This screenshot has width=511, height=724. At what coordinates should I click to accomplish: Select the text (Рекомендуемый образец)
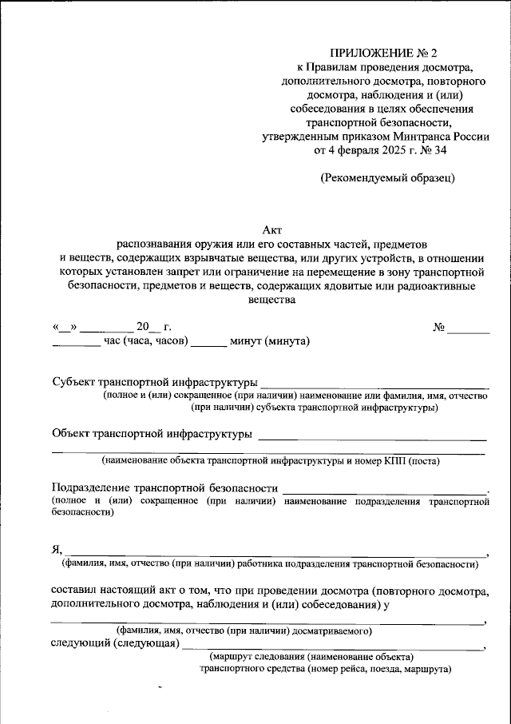pyautogui.click(x=387, y=177)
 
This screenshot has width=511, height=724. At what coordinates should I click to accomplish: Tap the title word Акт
pyautogui.click(x=272, y=228)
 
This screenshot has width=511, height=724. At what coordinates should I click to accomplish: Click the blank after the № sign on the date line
pyautogui.click(x=469, y=327)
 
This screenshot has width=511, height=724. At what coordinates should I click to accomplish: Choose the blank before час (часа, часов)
pyautogui.click(x=76, y=341)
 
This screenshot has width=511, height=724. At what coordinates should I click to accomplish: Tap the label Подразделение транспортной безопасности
pyautogui.click(x=164, y=487)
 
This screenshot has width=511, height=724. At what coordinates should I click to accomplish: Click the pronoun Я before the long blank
pyautogui.click(x=56, y=550)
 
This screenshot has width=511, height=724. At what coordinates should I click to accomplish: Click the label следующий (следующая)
pyautogui.click(x=114, y=643)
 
